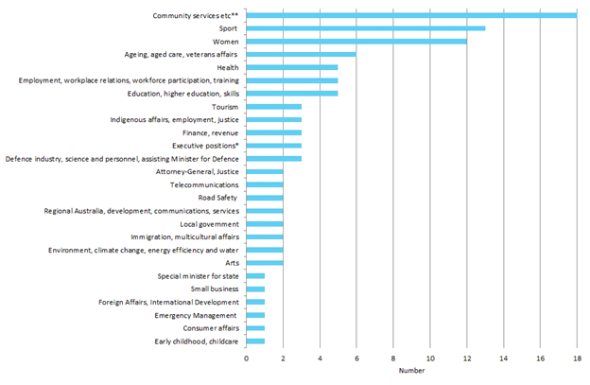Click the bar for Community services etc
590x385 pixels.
tap(411, 15)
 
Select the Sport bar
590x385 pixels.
tap(366, 28)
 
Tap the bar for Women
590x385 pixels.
tap(356, 42)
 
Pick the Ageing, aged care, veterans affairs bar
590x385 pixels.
tap(302, 55)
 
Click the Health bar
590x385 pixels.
tap(292, 68)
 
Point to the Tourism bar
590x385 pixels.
tap(274, 107)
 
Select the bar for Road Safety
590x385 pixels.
tap(265, 199)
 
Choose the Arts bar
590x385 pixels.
tap(265, 263)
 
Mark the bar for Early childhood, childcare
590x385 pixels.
tap(255, 341)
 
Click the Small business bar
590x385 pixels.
tap(255, 289)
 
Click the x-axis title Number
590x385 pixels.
tap(411, 371)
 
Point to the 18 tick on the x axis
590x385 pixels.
tap(577, 359)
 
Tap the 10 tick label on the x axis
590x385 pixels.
tap(430, 359)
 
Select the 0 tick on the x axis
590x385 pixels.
tap(247, 359)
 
